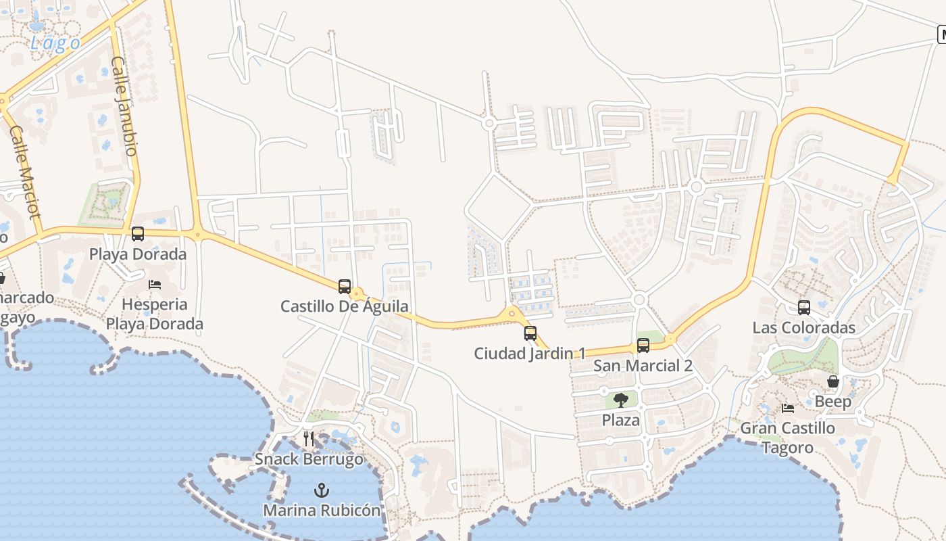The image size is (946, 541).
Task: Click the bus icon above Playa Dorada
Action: (138, 234)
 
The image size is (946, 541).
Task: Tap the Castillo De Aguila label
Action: (344, 306)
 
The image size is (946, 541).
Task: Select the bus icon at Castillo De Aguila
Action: (345, 286)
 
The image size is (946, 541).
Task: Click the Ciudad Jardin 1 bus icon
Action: (530, 333)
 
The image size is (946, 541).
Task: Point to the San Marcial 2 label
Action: (643, 366)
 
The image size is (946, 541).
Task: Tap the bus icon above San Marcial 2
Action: (643, 346)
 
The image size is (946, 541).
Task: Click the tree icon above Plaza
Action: (621, 400)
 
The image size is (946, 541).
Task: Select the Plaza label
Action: (621, 420)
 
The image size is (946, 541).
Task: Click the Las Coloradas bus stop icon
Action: (804, 307)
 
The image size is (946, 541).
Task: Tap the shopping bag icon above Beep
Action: (833, 381)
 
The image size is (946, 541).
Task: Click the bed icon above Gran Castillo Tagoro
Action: (788, 408)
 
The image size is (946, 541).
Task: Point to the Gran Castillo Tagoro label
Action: (788, 438)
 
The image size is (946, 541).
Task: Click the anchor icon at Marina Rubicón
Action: (322, 490)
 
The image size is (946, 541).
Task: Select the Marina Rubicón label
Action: (322, 510)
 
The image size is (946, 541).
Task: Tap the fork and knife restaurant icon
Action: (309, 438)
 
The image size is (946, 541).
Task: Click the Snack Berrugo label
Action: (309, 459)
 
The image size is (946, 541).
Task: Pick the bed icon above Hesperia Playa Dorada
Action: (155, 284)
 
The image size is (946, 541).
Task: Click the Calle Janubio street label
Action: (124, 105)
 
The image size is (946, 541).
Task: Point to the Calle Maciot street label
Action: (26, 171)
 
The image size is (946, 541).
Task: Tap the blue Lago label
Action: (55, 43)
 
